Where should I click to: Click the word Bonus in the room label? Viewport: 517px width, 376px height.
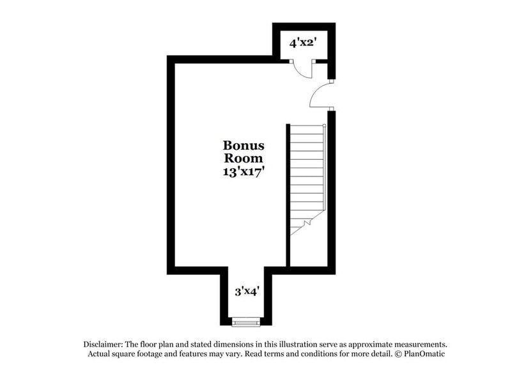tap(243, 146)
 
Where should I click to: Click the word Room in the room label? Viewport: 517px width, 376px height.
tap(243, 158)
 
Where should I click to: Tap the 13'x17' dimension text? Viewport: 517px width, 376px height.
tap(243, 171)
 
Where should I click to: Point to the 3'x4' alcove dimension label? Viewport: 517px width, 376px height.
tap(247, 292)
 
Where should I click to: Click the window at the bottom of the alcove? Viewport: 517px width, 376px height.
tap(245, 320)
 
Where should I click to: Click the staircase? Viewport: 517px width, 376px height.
tap(307, 173)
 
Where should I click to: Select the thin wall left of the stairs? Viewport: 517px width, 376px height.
tap(288, 192)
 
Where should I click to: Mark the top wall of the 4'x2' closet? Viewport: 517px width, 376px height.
tap(304, 26)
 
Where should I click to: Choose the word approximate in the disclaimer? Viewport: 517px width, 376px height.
tap(371, 344)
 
